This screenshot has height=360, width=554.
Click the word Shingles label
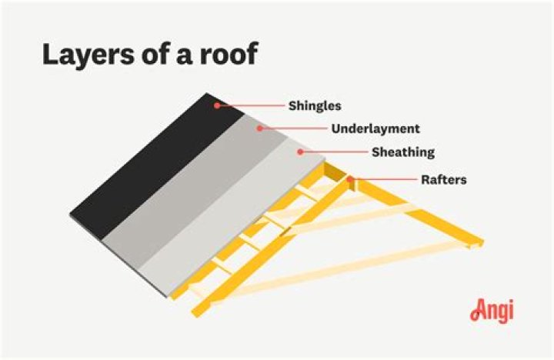(x=314, y=105)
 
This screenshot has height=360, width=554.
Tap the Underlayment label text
(x=375, y=128)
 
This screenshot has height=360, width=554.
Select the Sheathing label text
(x=403, y=152)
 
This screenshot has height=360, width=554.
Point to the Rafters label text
(x=443, y=180)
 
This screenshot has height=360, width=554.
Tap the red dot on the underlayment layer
(x=259, y=128)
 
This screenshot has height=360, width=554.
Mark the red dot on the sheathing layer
(x=301, y=152)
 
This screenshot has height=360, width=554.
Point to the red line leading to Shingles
(x=250, y=105)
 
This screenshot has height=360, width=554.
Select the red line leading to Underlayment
(x=292, y=128)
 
